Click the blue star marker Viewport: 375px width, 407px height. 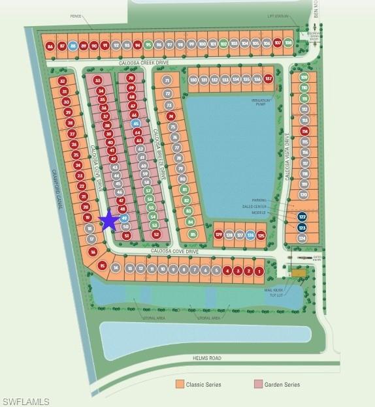point(109,221)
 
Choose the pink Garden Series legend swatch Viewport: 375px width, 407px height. point(257,385)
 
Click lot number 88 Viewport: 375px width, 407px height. point(73,46)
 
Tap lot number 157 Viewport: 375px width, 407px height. point(268,80)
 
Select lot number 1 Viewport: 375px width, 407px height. point(259,271)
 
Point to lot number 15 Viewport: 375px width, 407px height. point(102,265)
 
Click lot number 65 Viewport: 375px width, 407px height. point(136,123)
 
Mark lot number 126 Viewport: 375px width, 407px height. point(250,235)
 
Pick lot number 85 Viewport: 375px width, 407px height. point(193,234)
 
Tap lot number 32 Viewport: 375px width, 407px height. point(63,81)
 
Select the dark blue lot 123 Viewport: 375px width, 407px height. point(302,228)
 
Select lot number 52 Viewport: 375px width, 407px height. point(156,234)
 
